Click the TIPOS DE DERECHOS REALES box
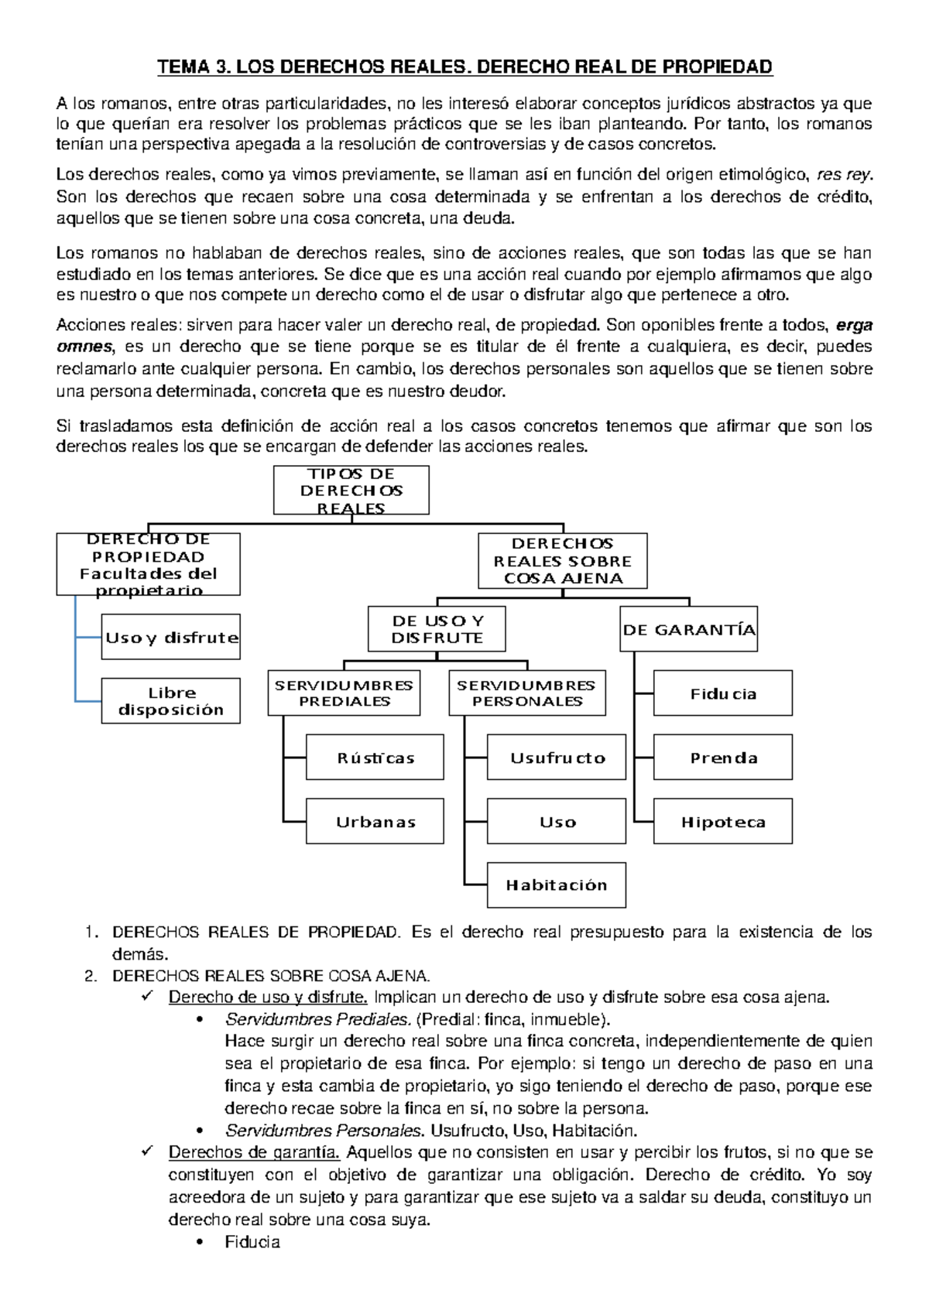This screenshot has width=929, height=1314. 351,490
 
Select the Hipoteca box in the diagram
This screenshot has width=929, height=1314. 722,821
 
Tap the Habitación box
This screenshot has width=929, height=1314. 556,885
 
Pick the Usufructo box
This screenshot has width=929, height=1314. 556,757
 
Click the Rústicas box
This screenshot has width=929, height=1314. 375,757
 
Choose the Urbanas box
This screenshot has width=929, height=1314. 375,821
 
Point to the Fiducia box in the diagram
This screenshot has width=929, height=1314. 722,693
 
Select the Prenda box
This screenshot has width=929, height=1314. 722,757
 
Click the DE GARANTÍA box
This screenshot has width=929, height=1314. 688,629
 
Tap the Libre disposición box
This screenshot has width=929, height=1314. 170,701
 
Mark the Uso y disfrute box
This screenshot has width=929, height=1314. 170,637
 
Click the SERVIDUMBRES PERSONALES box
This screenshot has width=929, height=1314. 526,693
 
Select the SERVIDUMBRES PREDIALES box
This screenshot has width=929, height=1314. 344,693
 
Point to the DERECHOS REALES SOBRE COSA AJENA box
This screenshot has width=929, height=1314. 562,561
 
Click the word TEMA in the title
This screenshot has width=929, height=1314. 183,67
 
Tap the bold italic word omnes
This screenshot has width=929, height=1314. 84,347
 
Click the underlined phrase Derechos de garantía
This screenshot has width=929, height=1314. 254,1152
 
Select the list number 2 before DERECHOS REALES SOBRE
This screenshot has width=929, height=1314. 91,976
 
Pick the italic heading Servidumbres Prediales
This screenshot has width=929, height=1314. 317,1019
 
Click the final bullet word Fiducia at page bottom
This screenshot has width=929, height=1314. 252,1242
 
